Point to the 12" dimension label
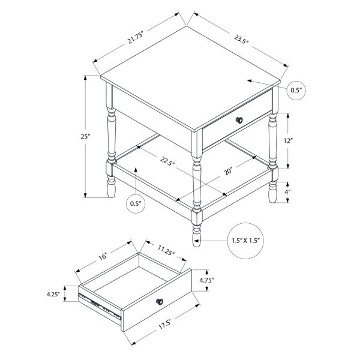[288, 141]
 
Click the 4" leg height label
[288, 193]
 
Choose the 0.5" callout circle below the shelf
[136, 203]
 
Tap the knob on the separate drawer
[160, 301]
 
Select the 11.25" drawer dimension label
[166, 250]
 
